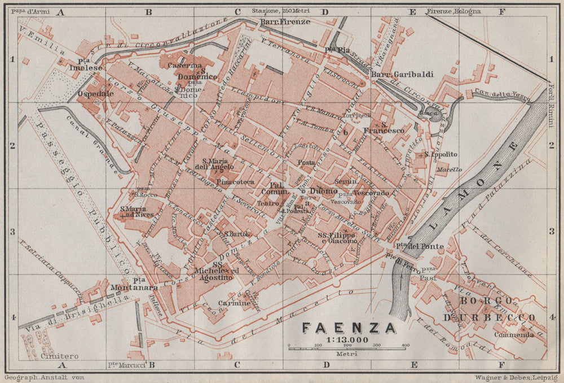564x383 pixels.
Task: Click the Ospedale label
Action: point(96,94)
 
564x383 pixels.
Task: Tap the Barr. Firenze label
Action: point(277,22)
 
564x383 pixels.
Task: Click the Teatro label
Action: point(268,203)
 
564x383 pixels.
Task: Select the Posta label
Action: point(306,163)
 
